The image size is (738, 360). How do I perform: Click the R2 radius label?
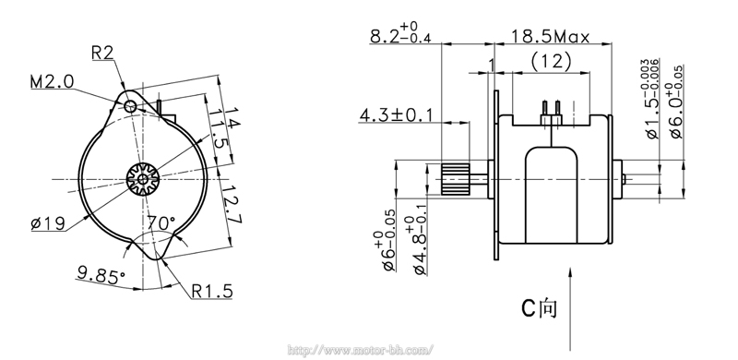coord(102,53)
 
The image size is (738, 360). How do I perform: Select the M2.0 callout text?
coord(53,82)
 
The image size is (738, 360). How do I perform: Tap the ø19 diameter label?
coord(48,222)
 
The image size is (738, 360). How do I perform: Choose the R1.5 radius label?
coord(212,291)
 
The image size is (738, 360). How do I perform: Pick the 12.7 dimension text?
coord(232,203)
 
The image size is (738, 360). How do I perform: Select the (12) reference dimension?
coord(551,61)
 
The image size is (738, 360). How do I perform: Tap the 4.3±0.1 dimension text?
coord(396,115)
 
